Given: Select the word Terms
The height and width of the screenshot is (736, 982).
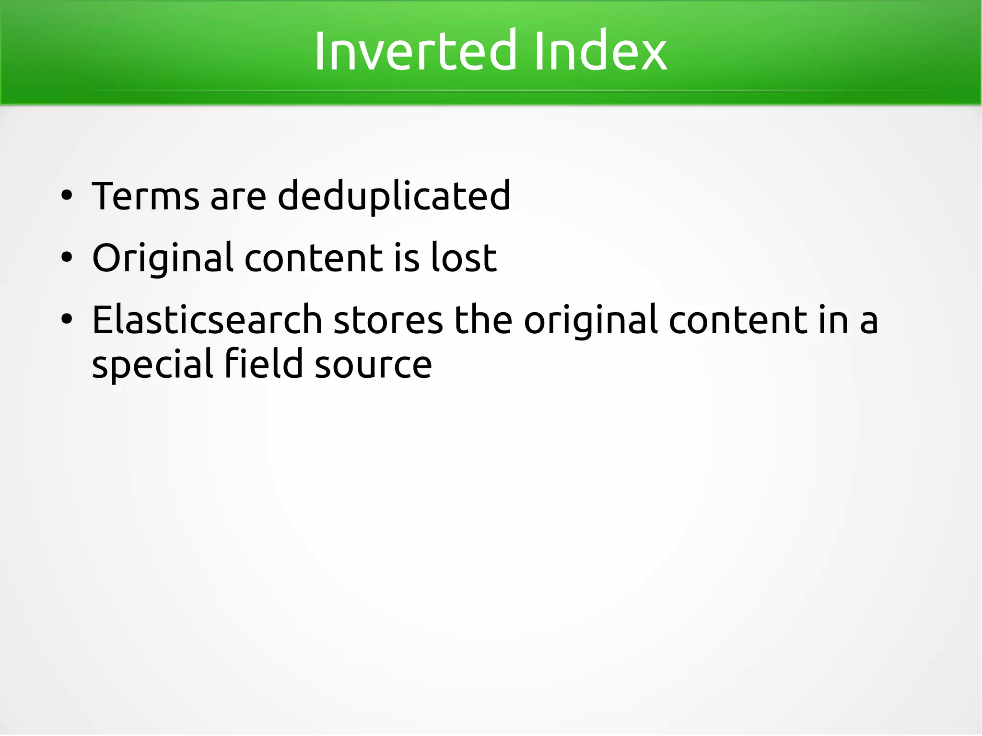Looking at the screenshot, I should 145,196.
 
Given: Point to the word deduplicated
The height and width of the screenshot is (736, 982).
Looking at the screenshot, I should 394,196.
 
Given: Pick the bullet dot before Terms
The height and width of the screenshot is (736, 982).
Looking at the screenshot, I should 67,196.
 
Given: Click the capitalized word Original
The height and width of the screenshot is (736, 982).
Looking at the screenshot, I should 163,259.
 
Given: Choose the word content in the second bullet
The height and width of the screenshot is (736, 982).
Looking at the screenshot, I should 315,258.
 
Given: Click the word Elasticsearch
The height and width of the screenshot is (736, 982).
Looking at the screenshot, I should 207,319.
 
